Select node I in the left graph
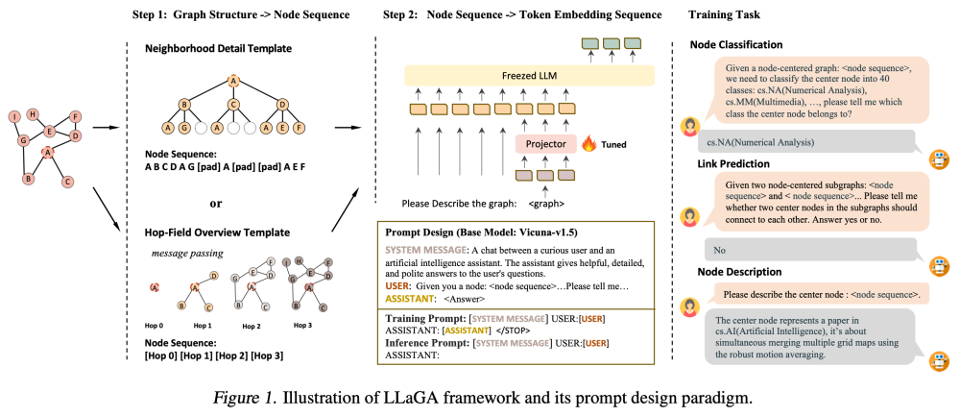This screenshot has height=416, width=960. point(13,117)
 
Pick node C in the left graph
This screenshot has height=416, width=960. point(67,181)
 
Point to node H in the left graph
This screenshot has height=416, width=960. point(33,113)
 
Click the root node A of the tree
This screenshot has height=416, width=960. point(232,81)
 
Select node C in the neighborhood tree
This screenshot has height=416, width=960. point(232,104)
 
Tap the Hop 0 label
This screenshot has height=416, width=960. point(156,326)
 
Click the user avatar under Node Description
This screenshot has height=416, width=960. point(687,307)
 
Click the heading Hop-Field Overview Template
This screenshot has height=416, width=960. point(217,232)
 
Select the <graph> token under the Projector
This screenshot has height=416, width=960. point(546,204)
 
